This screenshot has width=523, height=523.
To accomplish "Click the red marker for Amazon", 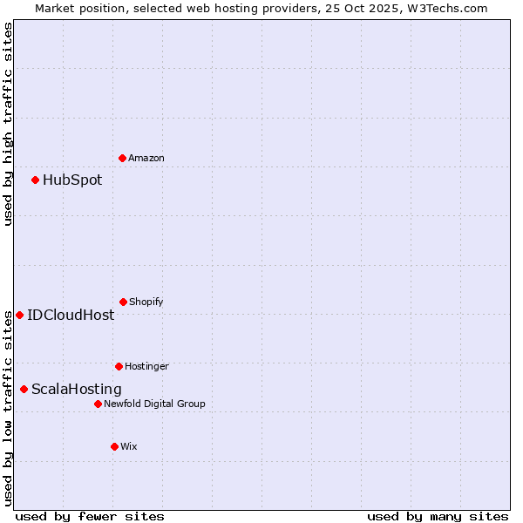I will point(122,158).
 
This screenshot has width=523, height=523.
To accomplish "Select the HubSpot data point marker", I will point(35,180).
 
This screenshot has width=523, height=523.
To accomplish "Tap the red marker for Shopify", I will point(123,302).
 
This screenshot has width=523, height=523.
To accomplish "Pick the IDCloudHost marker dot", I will point(19,315).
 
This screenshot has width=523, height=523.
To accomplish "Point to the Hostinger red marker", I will point(119,366).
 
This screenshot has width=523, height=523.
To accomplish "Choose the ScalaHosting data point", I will point(24,389).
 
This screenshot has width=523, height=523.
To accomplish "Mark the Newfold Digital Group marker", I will point(98,404).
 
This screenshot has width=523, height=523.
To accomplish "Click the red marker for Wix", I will point(114,446).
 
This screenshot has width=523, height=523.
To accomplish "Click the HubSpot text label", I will point(72,180).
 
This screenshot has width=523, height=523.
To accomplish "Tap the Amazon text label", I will point(146,159).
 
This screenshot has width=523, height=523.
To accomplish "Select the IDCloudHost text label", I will point(71,316).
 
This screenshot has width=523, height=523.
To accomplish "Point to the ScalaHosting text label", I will point(77,390).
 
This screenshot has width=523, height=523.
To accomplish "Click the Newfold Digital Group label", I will point(155,404).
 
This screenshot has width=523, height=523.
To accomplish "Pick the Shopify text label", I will point(146,302).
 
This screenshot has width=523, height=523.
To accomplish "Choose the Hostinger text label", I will point(146,367).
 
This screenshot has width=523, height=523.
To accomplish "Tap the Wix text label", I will point(129,447).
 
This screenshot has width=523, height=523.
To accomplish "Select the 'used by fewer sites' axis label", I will point(90,516).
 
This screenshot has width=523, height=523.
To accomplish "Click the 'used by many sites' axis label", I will point(438,516).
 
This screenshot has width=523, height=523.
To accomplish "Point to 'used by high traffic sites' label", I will point(8,124).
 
